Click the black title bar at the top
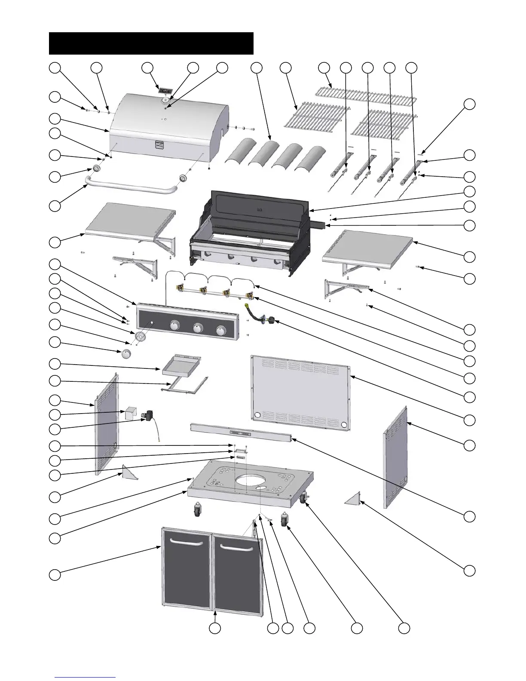[151, 43]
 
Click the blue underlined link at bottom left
[86, 677]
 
